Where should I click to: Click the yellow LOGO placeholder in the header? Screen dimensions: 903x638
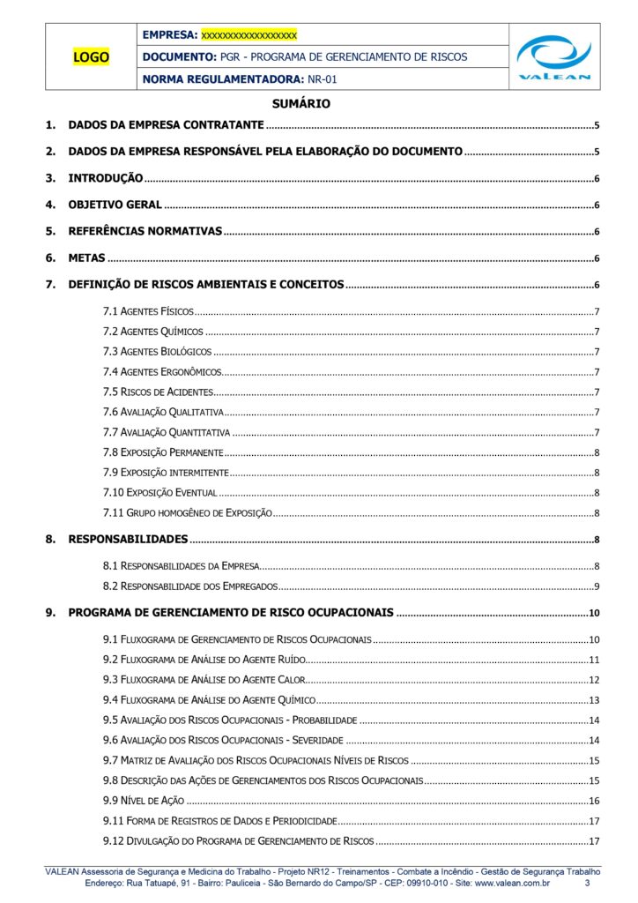(x=92, y=58)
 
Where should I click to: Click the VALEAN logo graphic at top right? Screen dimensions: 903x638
(x=554, y=56)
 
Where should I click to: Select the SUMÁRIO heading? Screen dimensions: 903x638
(x=301, y=103)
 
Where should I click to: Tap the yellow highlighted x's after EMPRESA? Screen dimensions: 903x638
(x=249, y=35)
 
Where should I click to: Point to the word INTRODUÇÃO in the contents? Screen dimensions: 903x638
(x=106, y=178)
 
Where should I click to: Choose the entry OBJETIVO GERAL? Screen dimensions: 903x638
(x=115, y=205)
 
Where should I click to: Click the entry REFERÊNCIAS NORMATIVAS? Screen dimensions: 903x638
(x=145, y=232)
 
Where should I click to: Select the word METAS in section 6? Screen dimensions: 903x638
(x=87, y=258)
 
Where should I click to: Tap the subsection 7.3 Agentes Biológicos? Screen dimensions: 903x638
(x=157, y=351)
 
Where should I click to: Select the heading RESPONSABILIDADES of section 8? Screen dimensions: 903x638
(x=128, y=539)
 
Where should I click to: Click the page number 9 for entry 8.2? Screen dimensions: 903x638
(x=597, y=586)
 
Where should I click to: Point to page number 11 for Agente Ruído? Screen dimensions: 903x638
(x=594, y=660)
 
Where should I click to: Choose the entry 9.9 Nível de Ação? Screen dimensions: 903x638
(x=144, y=800)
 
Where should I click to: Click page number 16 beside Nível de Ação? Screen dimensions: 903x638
(x=594, y=801)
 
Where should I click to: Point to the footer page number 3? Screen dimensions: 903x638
(x=588, y=882)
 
